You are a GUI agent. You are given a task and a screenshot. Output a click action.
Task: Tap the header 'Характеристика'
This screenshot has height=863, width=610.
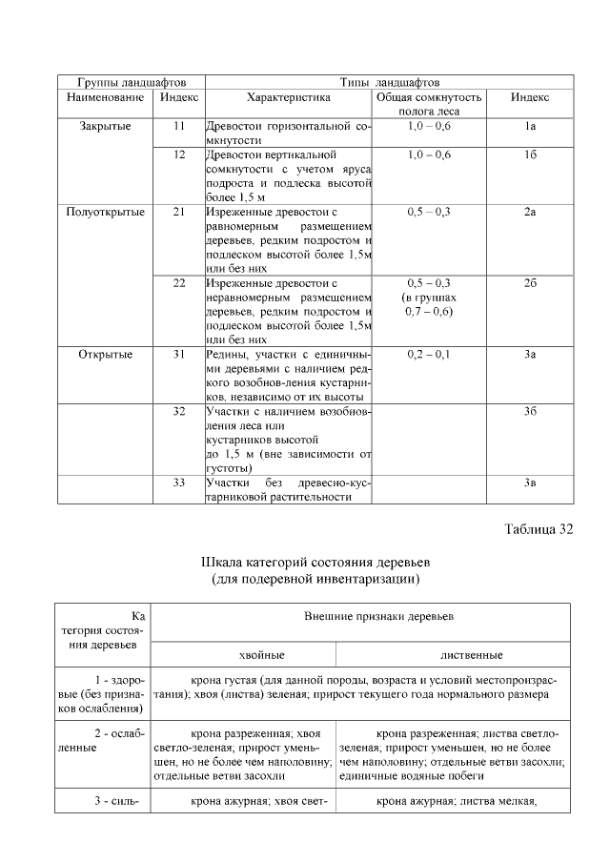pyautogui.click(x=288, y=97)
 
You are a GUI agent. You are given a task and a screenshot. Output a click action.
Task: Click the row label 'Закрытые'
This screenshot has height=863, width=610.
pyautogui.click(x=105, y=126)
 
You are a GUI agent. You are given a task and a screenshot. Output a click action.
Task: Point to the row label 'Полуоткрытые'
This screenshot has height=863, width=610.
pyautogui.click(x=105, y=212)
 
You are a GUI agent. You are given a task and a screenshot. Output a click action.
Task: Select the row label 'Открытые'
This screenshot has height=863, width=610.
pyautogui.click(x=105, y=355)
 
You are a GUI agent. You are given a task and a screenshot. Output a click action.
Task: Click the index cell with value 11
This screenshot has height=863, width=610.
pyautogui.click(x=178, y=126)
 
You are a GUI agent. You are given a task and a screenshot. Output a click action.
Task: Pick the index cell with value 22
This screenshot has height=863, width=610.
pyautogui.click(x=178, y=283)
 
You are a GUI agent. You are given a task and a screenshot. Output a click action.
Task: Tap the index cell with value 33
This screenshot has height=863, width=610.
pyautogui.click(x=178, y=483)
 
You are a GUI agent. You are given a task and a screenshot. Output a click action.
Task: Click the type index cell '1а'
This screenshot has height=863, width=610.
pyautogui.click(x=530, y=126)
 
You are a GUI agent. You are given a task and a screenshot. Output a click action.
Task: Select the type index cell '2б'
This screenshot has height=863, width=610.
pyautogui.click(x=530, y=283)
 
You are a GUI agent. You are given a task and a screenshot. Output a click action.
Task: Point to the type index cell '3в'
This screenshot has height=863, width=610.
pyautogui.click(x=530, y=483)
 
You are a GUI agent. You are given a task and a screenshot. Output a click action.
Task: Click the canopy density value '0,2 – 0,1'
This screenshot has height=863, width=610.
pyautogui.click(x=429, y=355)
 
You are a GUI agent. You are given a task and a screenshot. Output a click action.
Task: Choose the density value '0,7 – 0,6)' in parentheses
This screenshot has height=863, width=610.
pyautogui.click(x=429, y=312)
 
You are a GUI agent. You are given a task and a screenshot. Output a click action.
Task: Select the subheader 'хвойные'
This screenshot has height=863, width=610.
pyautogui.click(x=244, y=655)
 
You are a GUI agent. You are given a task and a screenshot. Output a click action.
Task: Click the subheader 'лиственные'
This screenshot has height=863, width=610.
pyautogui.click(x=454, y=655)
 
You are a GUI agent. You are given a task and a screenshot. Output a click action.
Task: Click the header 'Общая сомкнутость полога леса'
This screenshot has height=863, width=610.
pyautogui.click(x=429, y=104)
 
